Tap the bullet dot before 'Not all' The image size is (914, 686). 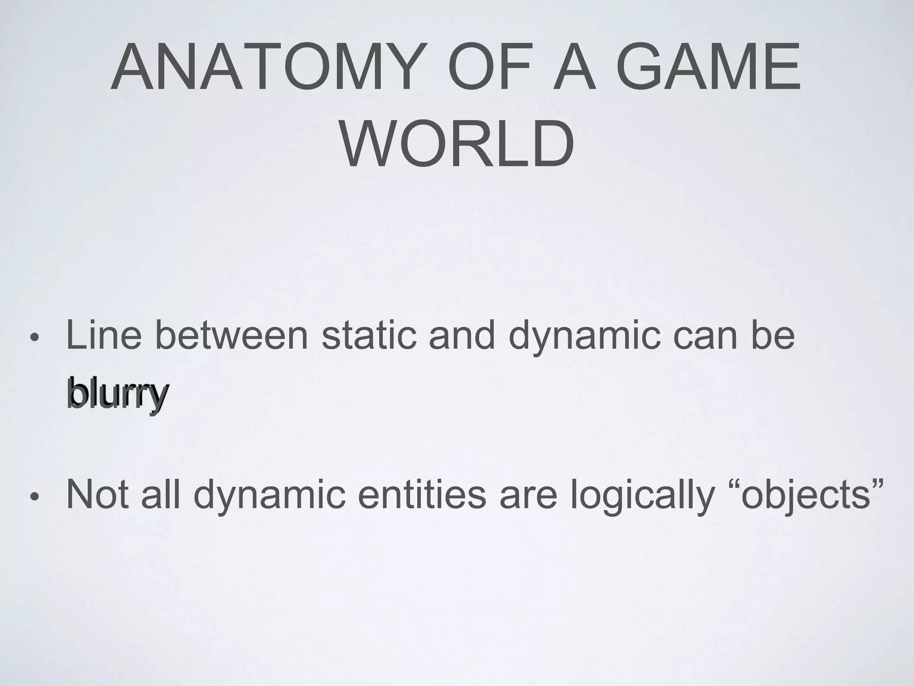(34, 497)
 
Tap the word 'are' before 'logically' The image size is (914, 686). (528, 496)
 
